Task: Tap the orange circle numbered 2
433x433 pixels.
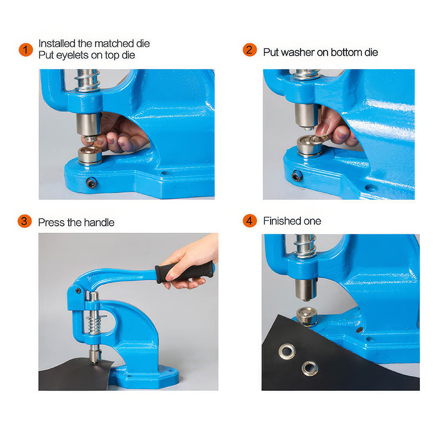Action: point(250,50)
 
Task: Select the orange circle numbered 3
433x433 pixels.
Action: point(25,221)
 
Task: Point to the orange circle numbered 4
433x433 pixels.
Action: point(250,221)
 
